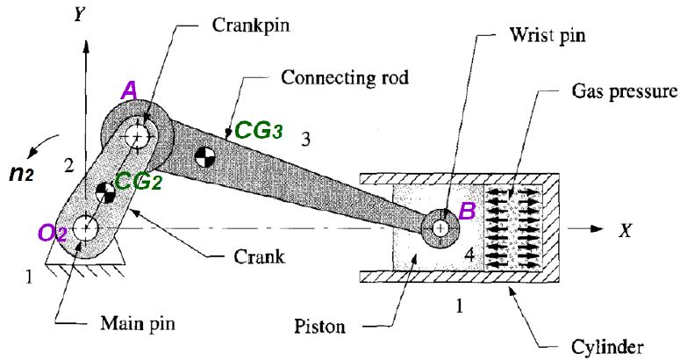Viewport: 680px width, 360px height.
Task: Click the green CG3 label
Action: pyautogui.click(x=258, y=131)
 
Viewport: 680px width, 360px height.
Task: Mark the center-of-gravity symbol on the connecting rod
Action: pyautogui.click(x=204, y=158)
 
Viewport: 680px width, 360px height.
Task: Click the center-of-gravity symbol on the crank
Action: pyautogui.click(x=104, y=191)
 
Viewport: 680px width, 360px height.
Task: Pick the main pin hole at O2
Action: pyautogui.click(x=85, y=227)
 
